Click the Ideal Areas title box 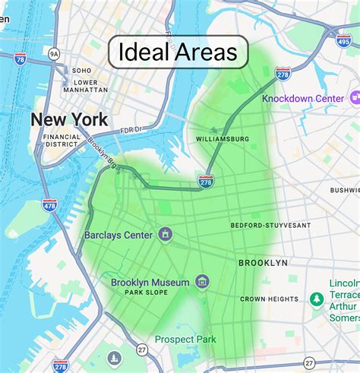coord(178,52)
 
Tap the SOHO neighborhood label coord(81,71)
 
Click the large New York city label coord(69,119)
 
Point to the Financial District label coord(62,139)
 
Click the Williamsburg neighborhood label coord(223,139)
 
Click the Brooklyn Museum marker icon coord(202,283)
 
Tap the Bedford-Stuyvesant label coord(270,226)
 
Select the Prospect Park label coord(185,340)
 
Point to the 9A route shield coord(53,54)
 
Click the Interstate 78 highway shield coord(20,58)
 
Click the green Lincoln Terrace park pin coord(317,299)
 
